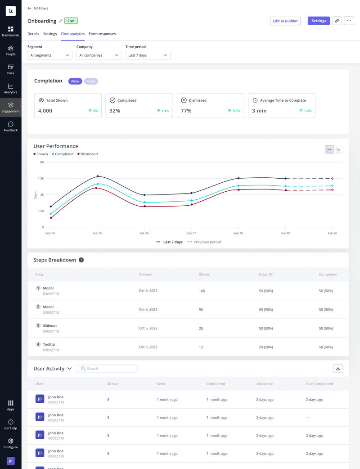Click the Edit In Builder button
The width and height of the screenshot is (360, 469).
pyautogui.click(x=285, y=21)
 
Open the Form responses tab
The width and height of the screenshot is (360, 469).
pyautogui.click(x=102, y=34)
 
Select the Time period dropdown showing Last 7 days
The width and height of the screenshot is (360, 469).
pyautogui.click(x=148, y=55)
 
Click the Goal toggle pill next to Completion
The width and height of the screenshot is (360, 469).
pyautogui.click(x=91, y=81)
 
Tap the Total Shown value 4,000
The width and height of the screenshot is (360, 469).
pyautogui.click(x=45, y=111)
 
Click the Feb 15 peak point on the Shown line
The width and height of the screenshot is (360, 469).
pyautogui.click(x=98, y=176)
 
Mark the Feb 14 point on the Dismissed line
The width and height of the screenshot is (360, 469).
pyautogui.click(x=51, y=218)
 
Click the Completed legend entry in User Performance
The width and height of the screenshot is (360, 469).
pyautogui.click(x=63, y=154)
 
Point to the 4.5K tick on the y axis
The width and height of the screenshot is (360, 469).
pyautogui.click(x=40, y=178)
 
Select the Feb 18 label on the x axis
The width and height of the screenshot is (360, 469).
pyautogui.click(x=238, y=233)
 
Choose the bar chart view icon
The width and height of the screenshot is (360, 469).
pyautogui.click(x=338, y=149)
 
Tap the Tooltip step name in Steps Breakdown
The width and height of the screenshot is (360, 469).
pyautogui.click(x=49, y=344)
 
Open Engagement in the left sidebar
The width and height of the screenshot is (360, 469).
pyautogui.click(x=11, y=107)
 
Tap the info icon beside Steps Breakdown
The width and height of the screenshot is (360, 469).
pyautogui.click(x=81, y=260)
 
